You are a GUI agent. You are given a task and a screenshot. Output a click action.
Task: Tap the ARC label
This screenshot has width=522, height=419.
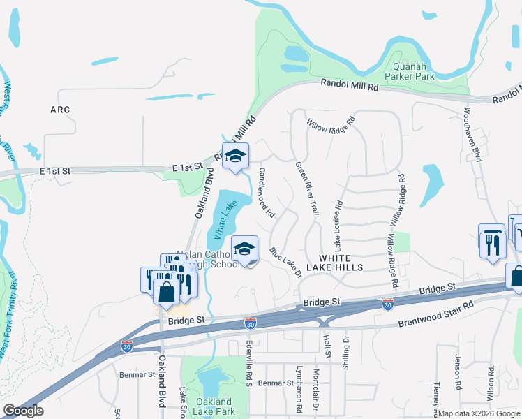(60, 110)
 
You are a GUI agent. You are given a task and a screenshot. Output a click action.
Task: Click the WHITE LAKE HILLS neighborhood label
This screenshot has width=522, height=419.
(341, 263)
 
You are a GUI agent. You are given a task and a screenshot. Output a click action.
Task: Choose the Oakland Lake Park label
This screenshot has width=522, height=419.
(213, 406)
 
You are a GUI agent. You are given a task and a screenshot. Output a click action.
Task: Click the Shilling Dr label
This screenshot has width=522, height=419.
(345, 355)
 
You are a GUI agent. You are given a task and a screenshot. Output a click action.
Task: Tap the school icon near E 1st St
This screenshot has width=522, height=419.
(235, 156)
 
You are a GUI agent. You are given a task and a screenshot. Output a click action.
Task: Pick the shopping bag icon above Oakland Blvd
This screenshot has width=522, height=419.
(167, 291)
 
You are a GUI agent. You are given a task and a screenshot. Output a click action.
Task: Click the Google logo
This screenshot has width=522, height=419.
(23, 411)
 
